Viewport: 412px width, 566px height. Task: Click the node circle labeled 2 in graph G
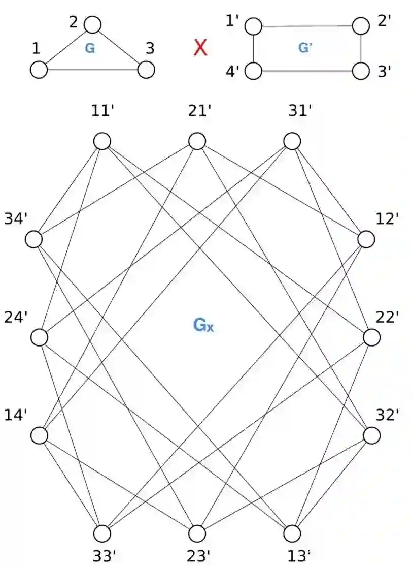point(93,24)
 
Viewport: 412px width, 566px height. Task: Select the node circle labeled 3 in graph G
point(146,70)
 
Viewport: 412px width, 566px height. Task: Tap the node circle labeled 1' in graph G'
point(253,25)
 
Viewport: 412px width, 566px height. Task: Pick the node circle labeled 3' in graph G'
point(361,71)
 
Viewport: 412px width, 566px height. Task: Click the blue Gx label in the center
point(203,325)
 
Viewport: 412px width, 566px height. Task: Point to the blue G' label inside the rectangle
point(305,48)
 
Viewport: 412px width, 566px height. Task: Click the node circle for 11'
point(102,141)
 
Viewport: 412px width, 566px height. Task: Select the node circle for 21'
point(197,141)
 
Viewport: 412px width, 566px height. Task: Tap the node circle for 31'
point(292,141)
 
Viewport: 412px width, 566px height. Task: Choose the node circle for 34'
point(34,239)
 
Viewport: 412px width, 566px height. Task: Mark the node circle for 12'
point(366,239)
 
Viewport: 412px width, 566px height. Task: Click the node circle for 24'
point(39,337)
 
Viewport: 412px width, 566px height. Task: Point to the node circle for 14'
point(39,435)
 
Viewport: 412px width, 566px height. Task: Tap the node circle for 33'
point(102,533)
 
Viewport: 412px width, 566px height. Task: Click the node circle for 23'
point(197,533)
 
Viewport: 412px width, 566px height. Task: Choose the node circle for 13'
point(292,533)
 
